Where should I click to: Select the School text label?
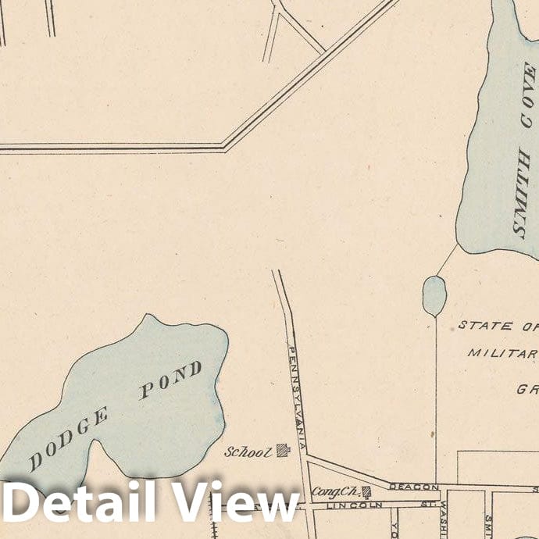click(248, 452)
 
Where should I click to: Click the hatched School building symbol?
click(283, 449)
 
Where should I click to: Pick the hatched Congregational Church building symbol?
click(365, 491)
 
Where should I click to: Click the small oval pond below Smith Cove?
click(434, 295)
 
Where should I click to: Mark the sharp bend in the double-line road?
click(225, 146)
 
